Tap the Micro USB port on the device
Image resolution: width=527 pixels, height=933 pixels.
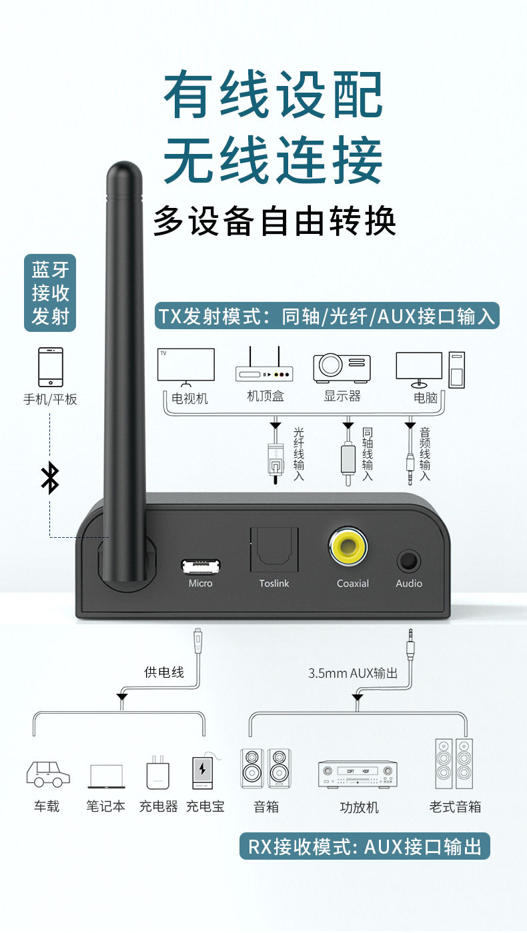tap(199, 566)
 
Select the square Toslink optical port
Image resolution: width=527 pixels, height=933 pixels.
tap(275, 549)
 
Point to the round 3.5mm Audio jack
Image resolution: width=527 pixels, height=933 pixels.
tap(408, 560)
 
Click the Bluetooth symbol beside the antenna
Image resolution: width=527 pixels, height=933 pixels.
tap(50, 477)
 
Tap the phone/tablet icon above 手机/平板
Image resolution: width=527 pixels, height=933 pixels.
tap(50, 367)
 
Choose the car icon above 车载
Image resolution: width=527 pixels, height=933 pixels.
tap(48, 774)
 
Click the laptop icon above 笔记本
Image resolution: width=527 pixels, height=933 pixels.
tap(106, 776)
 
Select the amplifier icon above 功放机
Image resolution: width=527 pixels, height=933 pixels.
tap(358, 774)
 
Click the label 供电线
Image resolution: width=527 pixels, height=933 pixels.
tap(164, 672)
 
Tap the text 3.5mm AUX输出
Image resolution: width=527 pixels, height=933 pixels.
tap(352, 673)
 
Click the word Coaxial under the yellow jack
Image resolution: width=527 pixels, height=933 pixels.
tap(352, 583)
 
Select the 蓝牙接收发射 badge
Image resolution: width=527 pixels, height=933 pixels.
tap(50, 293)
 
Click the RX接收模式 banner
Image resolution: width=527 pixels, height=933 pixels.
tap(365, 847)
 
